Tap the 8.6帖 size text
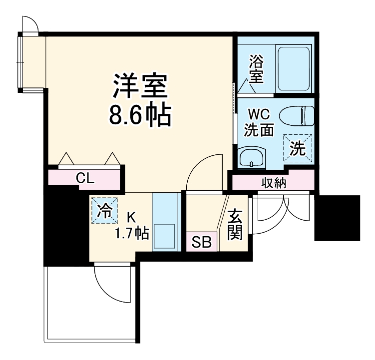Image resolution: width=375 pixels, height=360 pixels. (140, 115)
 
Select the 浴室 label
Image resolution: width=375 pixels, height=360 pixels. (256, 68)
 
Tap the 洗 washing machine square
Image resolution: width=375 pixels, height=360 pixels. (297, 148)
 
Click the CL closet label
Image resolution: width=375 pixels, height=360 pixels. (85, 178)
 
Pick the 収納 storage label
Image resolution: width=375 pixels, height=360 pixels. (273, 183)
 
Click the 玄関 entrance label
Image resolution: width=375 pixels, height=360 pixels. (235, 224)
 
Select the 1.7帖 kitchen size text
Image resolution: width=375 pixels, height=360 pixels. (131, 233)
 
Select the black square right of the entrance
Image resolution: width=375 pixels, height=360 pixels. (337, 218)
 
